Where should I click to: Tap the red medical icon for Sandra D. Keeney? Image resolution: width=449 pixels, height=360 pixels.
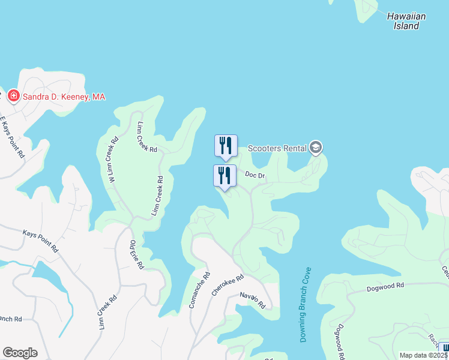(13, 96)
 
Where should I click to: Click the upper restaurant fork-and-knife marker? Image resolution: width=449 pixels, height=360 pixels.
(226, 146)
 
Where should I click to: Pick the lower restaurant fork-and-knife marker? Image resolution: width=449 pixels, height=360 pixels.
(224, 176)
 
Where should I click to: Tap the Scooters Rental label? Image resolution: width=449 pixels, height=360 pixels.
(277, 148)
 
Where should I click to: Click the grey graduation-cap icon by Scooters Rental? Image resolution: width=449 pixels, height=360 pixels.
(316, 148)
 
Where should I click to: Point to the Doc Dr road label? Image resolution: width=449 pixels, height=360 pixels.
(255, 175)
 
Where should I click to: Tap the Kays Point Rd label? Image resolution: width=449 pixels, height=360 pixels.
(40, 240)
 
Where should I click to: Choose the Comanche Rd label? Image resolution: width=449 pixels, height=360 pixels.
(200, 290)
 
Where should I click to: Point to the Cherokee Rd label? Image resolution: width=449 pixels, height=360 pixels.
(228, 286)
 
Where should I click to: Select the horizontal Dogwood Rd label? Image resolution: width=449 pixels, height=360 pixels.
(385, 287)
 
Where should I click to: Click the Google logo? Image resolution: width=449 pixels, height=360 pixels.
(20, 353)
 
